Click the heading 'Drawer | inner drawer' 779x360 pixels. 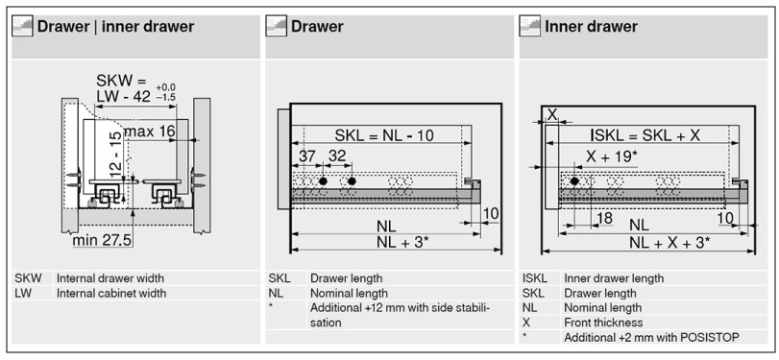coord(115,26)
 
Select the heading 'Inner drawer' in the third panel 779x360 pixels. coord(591,26)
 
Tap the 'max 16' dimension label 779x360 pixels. coord(149,132)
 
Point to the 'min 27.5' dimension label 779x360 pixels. coord(102,240)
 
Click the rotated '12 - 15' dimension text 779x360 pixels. coord(115,155)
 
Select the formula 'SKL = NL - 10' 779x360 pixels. coord(384,134)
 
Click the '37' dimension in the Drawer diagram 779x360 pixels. coord(307,156)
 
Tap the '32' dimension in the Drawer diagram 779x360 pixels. coord(337,156)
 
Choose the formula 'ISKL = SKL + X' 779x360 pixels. coord(645,134)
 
